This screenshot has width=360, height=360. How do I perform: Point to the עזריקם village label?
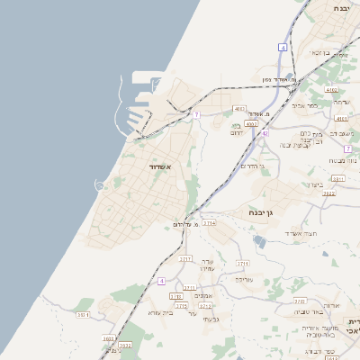click(x=206, y=265)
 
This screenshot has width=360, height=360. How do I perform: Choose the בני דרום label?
click(x=237, y=130)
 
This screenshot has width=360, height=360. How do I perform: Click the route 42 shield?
click(x=265, y=133)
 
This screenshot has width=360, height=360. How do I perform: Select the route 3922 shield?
click(x=329, y=193)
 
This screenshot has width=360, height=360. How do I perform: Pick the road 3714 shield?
click(x=209, y=222)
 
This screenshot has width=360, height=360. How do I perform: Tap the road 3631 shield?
click(x=83, y=314)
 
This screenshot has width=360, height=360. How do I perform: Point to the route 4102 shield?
click(x=332, y=90)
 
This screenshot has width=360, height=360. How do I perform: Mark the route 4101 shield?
click(x=341, y=118)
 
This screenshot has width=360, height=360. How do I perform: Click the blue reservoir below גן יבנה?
click(x=260, y=241)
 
